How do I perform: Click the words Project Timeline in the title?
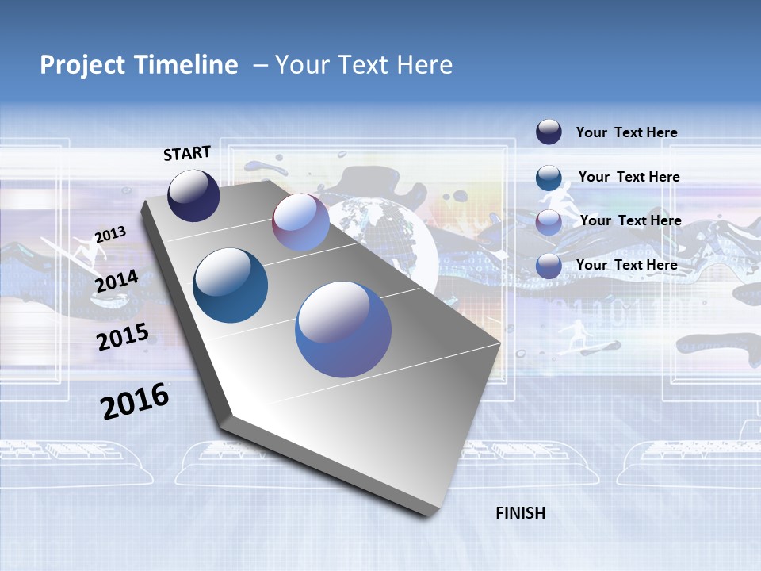(x=139, y=65)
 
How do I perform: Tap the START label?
(x=187, y=153)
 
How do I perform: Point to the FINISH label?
(x=521, y=513)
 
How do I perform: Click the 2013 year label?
(x=111, y=235)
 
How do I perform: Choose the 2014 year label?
(x=117, y=282)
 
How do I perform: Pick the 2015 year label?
(x=123, y=336)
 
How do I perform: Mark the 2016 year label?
(x=135, y=400)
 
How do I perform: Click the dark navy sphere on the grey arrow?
(x=193, y=195)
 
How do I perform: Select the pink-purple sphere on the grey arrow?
(x=300, y=222)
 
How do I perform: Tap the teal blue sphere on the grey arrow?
(x=231, y=285)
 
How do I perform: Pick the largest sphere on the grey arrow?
(x=343, y=329)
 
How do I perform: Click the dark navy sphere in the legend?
(x=549, y=132)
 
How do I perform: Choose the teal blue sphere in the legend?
(x=549, y=178)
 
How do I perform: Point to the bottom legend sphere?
(x=549, y=266)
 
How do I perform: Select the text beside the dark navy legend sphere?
(x=626, y=133)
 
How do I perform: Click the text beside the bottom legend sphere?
(x=626, y=265)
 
